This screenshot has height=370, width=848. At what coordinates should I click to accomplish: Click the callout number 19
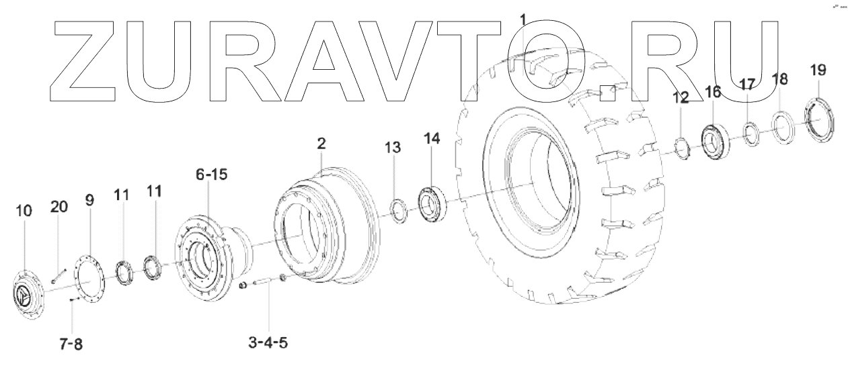(x=818, y=71)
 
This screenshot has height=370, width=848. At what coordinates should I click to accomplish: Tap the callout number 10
(x=24, y=212)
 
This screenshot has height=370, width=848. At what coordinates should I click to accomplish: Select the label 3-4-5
(x=268, y=344)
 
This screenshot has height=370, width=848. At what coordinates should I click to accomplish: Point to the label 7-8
(x=70, y=344)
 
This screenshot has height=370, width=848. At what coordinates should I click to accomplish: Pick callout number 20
(x=59, y=207)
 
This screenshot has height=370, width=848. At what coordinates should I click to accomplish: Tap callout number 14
(x=431, y=139)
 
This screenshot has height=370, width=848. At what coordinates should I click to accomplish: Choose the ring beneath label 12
(x=681, y=148)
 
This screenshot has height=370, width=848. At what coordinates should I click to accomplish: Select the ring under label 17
(x=751, y=131)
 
